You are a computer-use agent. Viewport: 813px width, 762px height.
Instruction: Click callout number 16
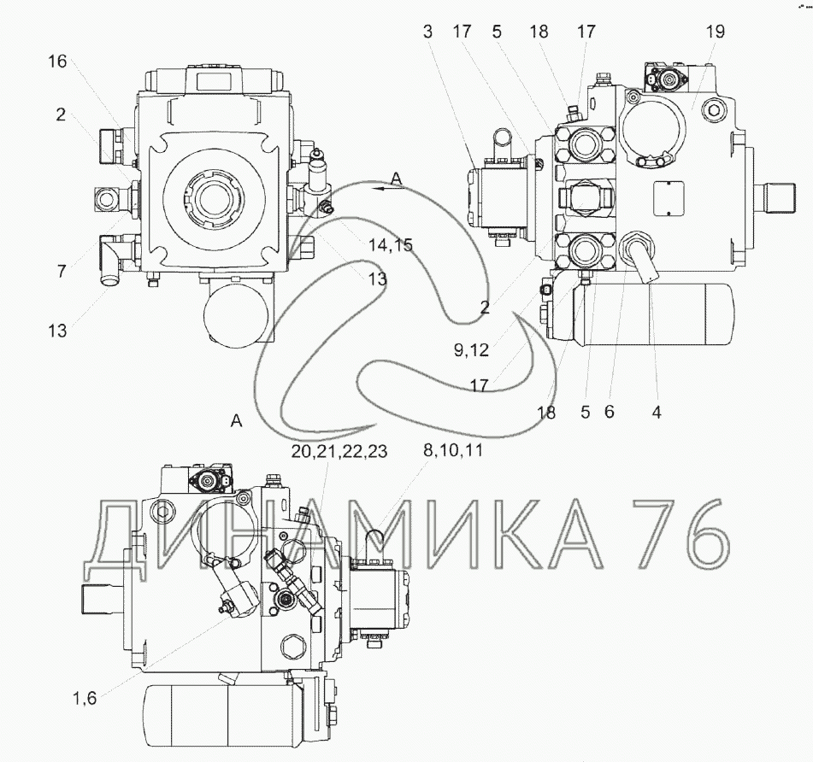57,62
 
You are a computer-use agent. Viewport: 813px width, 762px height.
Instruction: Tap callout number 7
62,271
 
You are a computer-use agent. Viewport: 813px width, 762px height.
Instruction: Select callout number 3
427,32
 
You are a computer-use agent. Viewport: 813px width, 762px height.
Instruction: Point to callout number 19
715,32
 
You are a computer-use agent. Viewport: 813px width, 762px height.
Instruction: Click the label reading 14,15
391,244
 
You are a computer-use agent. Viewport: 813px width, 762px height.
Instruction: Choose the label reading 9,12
471,350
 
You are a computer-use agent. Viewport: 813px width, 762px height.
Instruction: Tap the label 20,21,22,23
339,451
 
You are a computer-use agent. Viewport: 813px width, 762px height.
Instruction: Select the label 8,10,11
453,450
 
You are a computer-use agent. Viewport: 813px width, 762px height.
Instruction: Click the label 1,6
85,698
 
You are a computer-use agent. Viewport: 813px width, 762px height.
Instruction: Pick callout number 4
657,413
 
